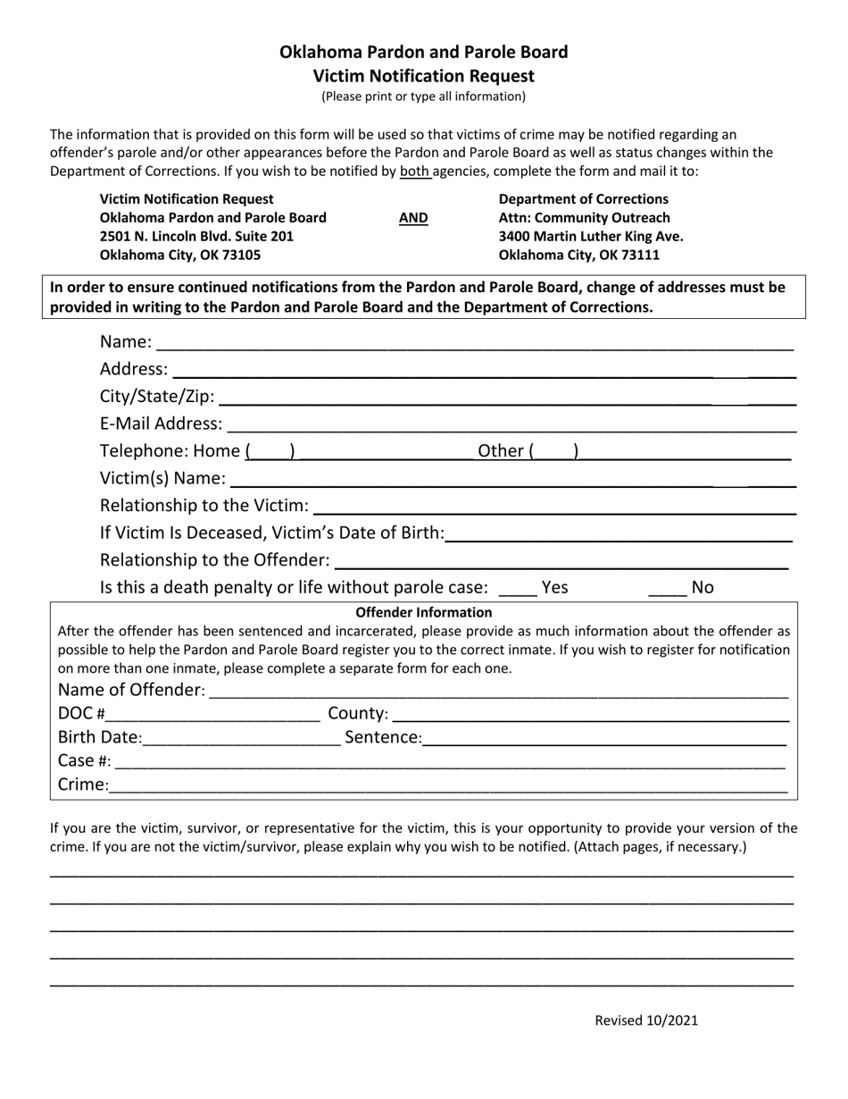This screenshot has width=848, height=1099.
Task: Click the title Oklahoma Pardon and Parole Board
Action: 424,52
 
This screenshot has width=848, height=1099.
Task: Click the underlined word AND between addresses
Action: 412,218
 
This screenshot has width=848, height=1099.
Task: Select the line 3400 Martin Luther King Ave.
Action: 591,237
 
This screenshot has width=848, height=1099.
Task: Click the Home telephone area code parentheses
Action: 270,452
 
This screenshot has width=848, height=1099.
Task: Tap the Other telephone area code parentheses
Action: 553,452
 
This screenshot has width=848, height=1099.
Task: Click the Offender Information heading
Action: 424,613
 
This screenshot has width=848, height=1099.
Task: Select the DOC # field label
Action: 81,714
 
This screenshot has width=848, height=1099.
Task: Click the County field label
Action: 358,714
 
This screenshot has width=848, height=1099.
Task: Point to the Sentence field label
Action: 383,738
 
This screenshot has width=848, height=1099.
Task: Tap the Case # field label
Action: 84,761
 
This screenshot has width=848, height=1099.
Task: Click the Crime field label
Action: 83,785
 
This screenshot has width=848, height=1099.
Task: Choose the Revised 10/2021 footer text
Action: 646,1021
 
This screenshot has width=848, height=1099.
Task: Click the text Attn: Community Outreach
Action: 584,218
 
